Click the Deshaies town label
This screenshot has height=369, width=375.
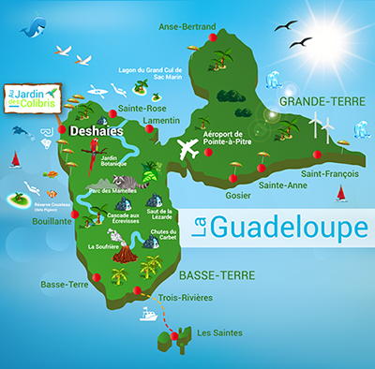tap(97, 134)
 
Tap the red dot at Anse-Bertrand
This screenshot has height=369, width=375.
tap(213, 38)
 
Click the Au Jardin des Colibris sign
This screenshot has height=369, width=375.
tap(31, 97)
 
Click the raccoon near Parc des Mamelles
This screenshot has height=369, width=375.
tap(148, 178)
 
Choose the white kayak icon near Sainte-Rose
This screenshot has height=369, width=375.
tap(99, 93)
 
